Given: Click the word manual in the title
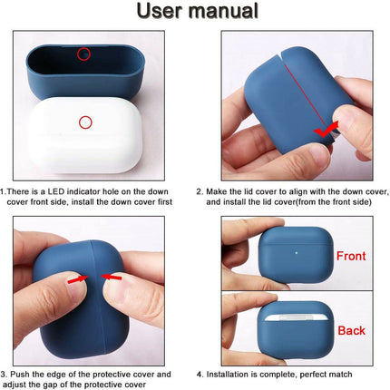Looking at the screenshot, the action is (x=223, y=11).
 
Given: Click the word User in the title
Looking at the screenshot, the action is (x=160, y=11).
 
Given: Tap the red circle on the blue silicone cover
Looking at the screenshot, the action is (x=83, y=54).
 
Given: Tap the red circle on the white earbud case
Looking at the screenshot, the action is (x=85, y=122).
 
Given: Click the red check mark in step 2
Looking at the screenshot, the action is (x=326, y=130).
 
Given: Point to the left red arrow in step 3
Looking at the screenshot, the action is (x=78, y=279).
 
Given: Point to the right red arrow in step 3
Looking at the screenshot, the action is (x=111, y=277).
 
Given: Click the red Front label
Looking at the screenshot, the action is (x=351, y=256).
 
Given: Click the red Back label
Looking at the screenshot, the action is (x=351, y=330).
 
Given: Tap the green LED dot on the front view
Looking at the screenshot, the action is (x=297, y=253).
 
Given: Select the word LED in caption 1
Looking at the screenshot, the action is (x=56, y=191).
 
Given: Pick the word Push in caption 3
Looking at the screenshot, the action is (x=20, y=375).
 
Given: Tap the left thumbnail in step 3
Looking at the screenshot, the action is (x=76, y=284).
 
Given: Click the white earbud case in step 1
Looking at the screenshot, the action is (x=85, y=135).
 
